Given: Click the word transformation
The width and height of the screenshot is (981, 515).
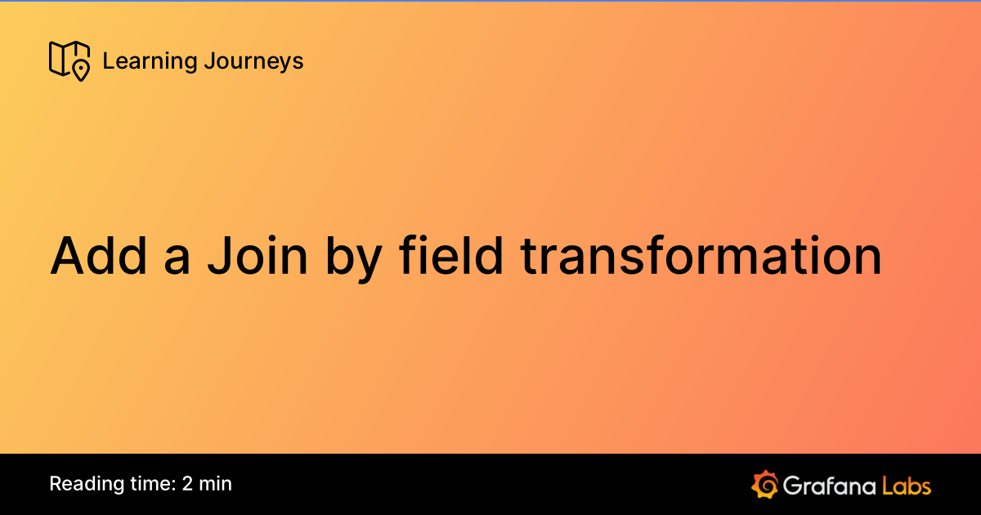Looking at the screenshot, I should coord(701,256).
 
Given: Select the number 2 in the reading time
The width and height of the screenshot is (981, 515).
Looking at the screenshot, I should coord(188,483).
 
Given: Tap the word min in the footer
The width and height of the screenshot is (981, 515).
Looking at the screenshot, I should coord(216,483).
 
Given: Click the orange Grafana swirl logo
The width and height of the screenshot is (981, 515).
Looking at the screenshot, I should coord(764,484).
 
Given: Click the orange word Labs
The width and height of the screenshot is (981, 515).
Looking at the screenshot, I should coord(907,486).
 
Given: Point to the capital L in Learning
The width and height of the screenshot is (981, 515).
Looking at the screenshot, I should coord(108,61).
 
